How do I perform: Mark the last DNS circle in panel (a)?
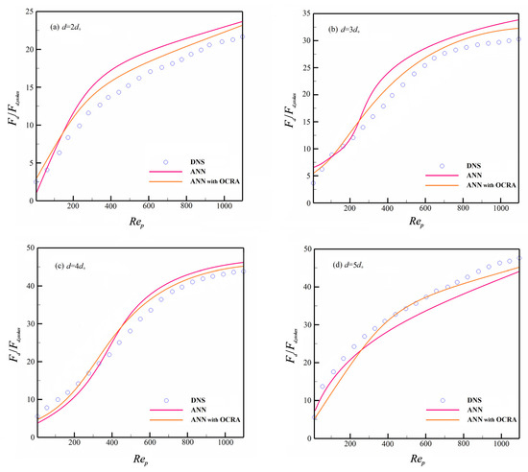(243, 37)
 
